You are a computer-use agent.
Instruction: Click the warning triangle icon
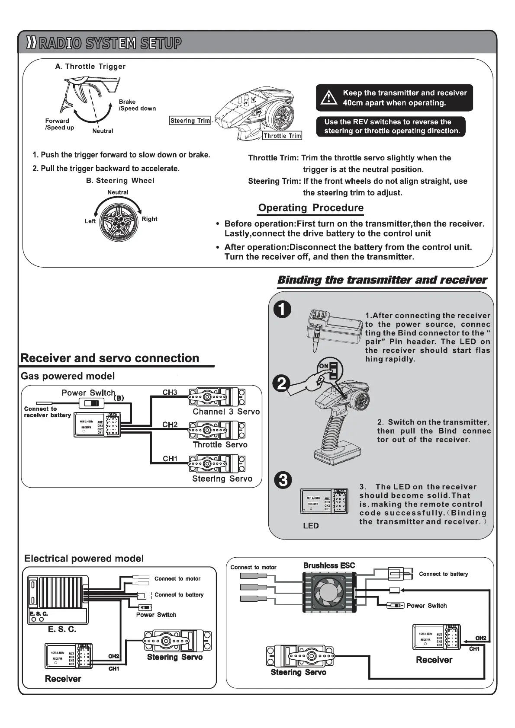point(329,98)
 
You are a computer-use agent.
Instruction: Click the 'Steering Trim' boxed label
point(190,121)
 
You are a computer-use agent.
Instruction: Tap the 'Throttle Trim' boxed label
point(283,136)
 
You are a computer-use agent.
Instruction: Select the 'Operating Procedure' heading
point(311,208)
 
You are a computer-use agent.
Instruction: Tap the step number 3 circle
point(283,480)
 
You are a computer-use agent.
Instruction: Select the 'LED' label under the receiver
point(311,526)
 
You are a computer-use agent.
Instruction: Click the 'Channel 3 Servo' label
point(226,412)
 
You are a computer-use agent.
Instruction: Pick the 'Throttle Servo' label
point(220,444)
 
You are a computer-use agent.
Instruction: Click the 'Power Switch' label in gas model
point(89,393)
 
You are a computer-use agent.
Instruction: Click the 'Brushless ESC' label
point(329,565)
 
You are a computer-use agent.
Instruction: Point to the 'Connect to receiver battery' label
point(47,412)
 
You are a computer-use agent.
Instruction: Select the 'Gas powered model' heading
point(68,376)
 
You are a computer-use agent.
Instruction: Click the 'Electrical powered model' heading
point(84,559)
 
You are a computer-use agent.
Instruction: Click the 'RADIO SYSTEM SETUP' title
point(110,44)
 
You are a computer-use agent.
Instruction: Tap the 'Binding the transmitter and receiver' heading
point(382,280)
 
